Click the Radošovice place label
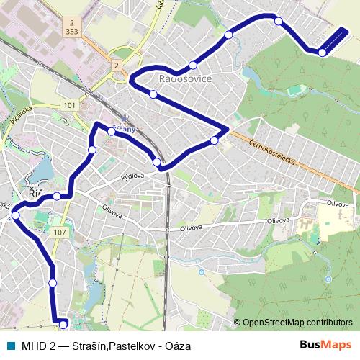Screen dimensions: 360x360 click(x=184, y=78)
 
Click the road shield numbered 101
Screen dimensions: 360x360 click(x=69, y=105)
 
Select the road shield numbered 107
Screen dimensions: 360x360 click(x=60, y=232)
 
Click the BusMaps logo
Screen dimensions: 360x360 click(x=326, y=345)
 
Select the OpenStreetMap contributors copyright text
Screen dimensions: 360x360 click(x=297, y=323)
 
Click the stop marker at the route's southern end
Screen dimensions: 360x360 click(x=63, y=325)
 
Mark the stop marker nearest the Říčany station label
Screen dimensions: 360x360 click(x=112, y=131)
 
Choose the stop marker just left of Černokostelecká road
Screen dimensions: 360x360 click(x=214, y=140)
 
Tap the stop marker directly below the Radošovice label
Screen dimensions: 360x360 click(x=153, y=94)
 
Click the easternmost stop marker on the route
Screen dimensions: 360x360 click(x=322, y=52)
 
